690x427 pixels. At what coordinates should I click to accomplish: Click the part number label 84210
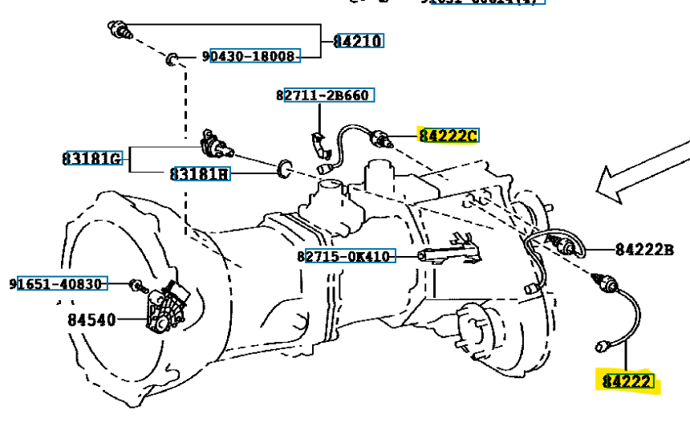click(358, 41)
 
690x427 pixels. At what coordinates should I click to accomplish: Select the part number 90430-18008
click(250, 56)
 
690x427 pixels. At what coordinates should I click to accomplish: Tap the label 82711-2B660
click(323, 96)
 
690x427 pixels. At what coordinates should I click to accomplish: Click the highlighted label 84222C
click(447, 135)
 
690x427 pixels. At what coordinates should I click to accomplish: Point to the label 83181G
click(92, 158)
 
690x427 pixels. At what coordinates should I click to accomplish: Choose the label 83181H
click(199, 173)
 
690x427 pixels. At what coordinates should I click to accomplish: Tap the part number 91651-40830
click(58, 283)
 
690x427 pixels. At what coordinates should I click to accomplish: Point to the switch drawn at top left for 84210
click(121, 31)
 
